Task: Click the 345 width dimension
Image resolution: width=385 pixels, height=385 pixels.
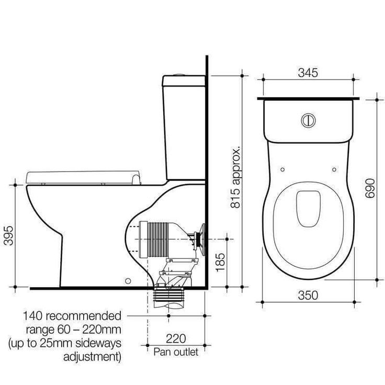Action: (308, 73)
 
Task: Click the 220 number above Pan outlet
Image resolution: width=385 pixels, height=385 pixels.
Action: (175, 338)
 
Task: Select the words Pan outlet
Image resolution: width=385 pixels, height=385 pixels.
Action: (175, 352)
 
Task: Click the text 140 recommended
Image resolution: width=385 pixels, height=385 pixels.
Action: (72, 316)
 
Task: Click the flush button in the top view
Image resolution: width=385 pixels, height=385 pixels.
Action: (308, 120)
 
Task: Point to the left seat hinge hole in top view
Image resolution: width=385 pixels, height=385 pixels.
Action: (282, 169)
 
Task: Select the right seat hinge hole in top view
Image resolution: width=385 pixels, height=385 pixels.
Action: (334, 169)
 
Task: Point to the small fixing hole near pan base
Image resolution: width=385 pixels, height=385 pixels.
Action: (126, 280)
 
